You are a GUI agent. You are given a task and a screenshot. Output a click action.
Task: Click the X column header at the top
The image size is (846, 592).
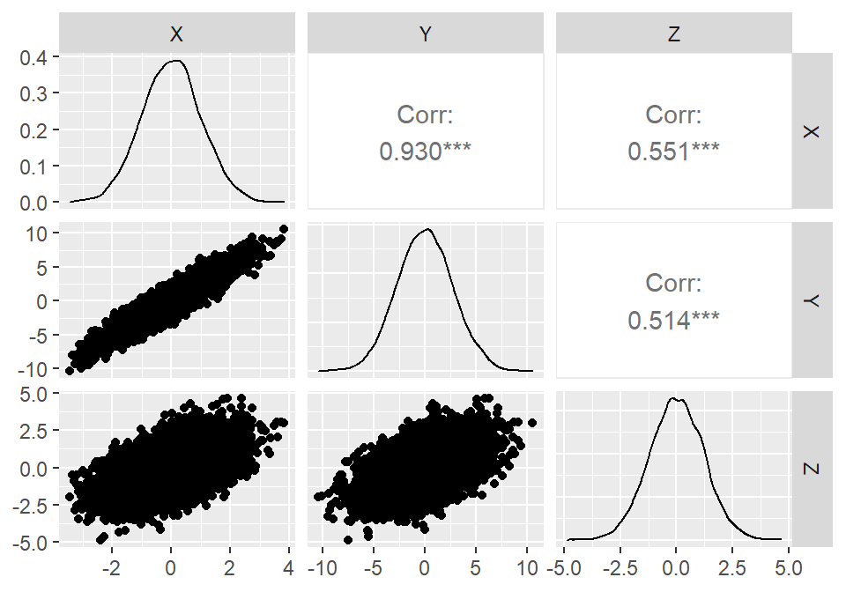176,34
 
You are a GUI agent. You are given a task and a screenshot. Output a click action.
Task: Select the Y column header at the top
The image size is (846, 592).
426,34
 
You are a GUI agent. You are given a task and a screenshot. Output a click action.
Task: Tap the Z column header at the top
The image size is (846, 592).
674,34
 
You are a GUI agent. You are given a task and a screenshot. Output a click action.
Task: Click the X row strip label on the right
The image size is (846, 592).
813,130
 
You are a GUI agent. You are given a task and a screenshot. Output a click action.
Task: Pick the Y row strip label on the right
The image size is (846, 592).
813,300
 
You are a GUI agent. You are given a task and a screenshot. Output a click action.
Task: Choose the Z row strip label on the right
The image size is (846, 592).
813,468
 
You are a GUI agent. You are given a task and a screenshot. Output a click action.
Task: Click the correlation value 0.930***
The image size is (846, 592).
426,152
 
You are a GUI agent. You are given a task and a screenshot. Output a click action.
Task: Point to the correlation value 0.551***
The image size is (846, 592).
674,152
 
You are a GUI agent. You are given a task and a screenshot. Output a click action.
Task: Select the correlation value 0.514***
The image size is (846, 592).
674,321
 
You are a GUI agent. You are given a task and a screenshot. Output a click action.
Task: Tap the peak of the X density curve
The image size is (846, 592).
176,61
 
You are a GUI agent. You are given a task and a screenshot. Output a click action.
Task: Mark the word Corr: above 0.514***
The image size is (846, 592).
674,284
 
